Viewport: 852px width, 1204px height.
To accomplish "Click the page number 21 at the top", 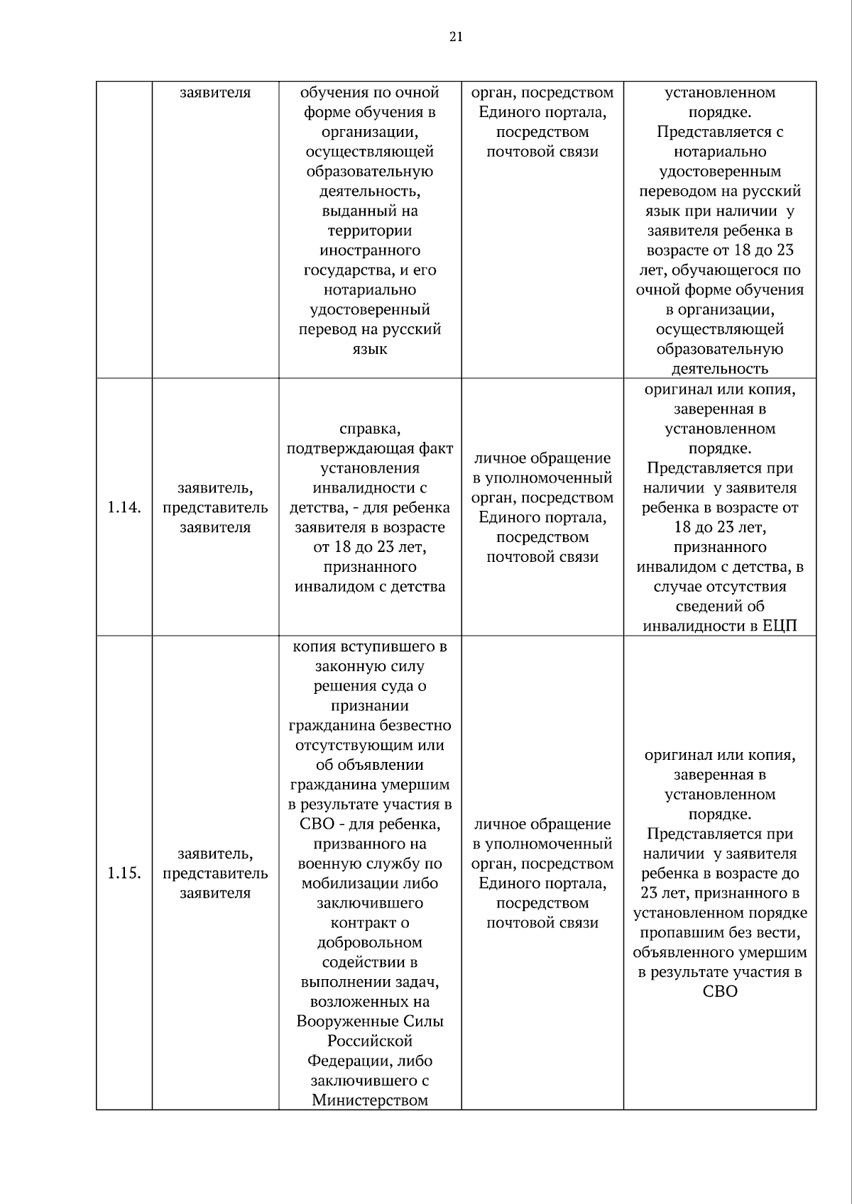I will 456,37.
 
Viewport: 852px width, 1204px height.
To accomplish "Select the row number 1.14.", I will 124,507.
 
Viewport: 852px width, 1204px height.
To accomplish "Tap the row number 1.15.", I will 124,873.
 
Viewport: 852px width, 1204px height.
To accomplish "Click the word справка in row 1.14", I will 370,429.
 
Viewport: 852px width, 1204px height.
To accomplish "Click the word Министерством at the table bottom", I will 370,1100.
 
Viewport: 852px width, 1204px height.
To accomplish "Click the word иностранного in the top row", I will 370,250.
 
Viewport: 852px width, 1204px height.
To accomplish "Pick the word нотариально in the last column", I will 720,151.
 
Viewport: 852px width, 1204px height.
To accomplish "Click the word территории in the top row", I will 370,231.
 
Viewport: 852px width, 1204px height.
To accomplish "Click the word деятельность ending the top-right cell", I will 720,368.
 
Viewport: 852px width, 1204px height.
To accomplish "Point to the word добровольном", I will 370,942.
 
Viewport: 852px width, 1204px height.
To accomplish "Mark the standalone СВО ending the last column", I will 720,991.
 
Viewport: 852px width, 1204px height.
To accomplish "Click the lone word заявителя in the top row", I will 215,92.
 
